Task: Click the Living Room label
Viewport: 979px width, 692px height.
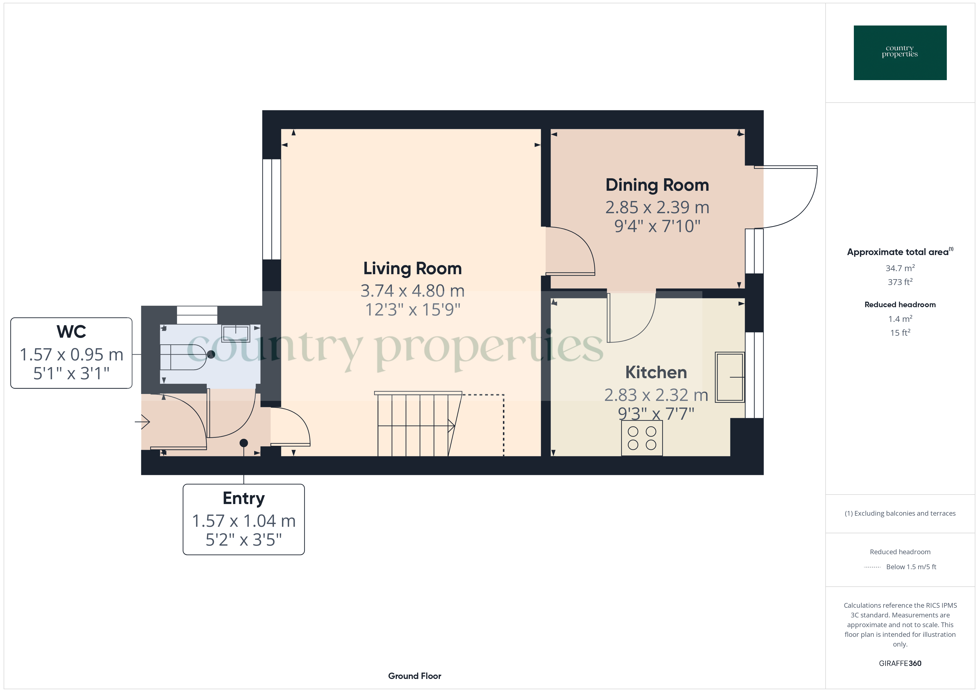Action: click(x=412, y=268)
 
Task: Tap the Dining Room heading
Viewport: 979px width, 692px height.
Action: click(x=657, y=185)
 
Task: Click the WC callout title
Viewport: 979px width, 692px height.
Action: click(x=71, y=332)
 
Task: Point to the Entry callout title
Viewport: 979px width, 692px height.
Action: click(x=243, y=498)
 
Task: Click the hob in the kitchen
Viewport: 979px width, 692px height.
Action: click(x=642, y=438)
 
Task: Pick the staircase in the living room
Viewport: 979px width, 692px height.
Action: click(x=418, y=424)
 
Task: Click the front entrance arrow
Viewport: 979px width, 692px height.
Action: click(x=142, y=422)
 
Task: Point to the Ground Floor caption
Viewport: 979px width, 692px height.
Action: click(x=415, y=676)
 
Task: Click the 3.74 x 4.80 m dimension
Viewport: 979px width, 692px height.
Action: click(x=412, y=291)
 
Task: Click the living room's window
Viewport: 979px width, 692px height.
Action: click(x=272, y=209)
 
